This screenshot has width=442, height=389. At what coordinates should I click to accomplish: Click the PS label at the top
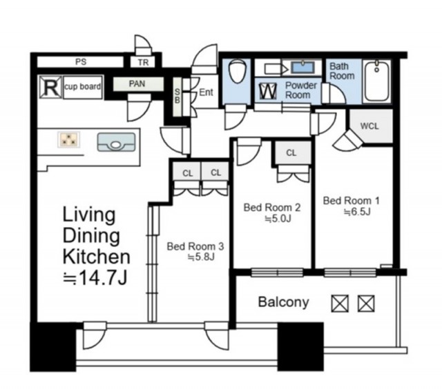point(81,61)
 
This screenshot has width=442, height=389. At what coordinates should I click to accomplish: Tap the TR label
point(144,63)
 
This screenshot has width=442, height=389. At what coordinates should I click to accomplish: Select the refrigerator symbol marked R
point(50,87)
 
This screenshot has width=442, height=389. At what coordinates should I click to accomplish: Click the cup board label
point(83,87)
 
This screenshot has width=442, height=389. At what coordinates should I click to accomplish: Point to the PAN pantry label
point(137,83)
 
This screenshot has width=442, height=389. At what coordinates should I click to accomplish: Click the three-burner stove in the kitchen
point(68,139)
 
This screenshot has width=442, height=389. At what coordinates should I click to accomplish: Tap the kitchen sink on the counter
point(116,142)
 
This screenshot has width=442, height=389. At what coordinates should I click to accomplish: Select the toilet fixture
point(238,71)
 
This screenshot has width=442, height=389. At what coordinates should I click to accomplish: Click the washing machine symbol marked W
point(268,91)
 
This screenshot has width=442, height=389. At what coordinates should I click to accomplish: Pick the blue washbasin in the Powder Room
point(302,68)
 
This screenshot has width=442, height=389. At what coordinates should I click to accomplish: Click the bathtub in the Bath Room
point(376,81)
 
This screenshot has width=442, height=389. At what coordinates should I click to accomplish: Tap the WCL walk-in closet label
point(369,126)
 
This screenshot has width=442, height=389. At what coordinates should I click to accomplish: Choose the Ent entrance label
point(206,92)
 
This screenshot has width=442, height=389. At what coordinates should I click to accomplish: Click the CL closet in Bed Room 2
point(291,152)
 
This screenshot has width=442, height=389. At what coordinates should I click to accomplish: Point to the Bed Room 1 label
point(352,201)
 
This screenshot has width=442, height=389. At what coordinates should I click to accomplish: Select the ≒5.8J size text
point(201,257)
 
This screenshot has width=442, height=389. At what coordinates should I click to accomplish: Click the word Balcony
point(284,302)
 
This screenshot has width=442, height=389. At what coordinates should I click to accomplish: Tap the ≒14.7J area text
point(95,278)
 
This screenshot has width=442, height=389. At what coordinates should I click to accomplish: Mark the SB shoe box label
point(177,96)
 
